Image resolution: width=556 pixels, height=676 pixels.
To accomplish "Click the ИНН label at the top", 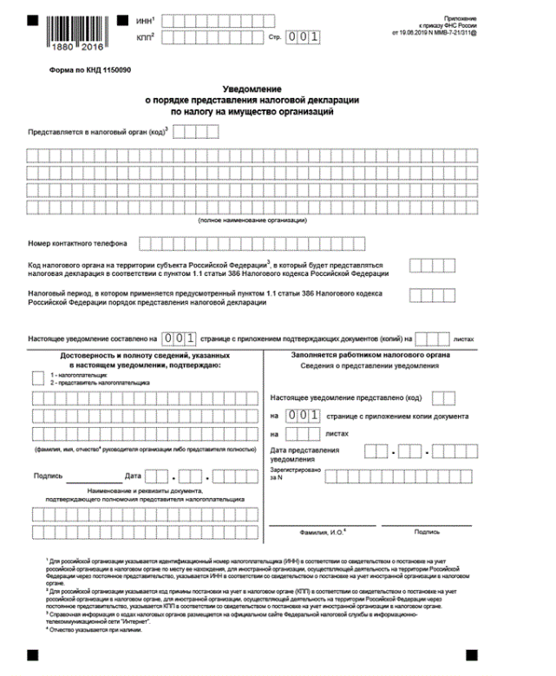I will [144, 19].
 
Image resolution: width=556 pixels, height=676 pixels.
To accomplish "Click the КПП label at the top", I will [144, 37].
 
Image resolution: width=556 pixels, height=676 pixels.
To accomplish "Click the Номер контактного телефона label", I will [77, 243].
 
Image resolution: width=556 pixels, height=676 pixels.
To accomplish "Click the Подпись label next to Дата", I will [47, 476].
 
